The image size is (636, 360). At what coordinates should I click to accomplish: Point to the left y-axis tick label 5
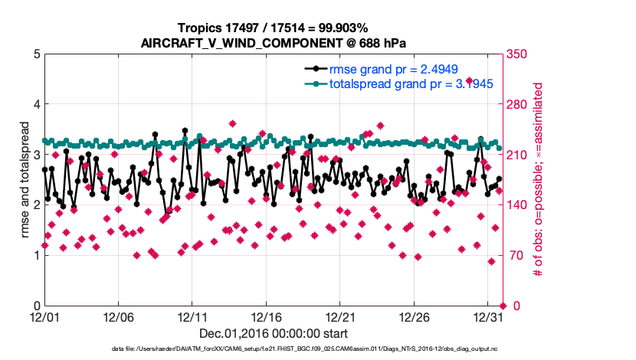tap(37, 54)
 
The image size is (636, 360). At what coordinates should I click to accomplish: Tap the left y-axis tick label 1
tap(37, 255)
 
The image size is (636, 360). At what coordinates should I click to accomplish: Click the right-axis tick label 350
tap(515, 54)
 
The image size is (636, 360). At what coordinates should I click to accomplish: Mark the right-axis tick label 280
tap(515, 104)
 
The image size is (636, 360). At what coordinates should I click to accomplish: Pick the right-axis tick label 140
tap(515, 205)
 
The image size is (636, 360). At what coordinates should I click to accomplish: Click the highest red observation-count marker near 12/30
tap(470, 81)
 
